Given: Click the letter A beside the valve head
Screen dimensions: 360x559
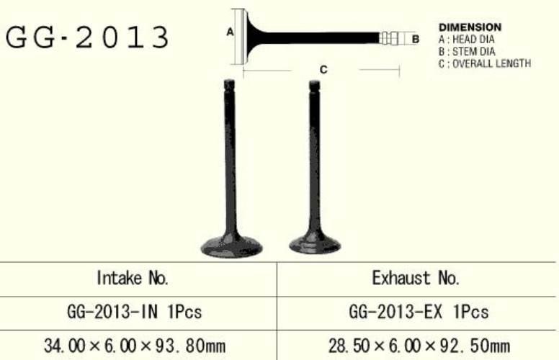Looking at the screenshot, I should [x=231, y=32].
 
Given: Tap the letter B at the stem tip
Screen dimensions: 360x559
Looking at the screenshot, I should [x=415, y=39].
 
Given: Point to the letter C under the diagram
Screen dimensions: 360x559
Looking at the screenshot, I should [x=323, y=70].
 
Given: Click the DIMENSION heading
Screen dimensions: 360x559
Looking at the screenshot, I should [x=470, y=27].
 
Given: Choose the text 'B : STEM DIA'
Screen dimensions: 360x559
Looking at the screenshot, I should [x=467, y=51].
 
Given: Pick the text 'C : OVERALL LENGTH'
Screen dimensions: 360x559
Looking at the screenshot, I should [x=484, y=63].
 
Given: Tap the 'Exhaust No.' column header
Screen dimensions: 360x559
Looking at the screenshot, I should [x=416, y=278].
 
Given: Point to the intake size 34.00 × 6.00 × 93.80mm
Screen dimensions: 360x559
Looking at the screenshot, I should [x=134, y=346].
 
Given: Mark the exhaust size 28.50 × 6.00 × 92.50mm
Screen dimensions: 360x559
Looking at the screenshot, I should [x=419, y=346].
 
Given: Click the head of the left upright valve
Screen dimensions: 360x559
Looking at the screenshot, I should [x=231, y=246].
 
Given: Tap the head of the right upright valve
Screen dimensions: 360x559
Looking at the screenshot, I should [x=315, y=243].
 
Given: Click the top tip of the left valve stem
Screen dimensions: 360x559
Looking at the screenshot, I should [x=230, y=85].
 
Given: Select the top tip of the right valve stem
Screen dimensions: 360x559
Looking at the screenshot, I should [x=314, y=86].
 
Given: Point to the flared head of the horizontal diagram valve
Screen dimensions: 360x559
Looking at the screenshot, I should [x=247, y=35].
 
